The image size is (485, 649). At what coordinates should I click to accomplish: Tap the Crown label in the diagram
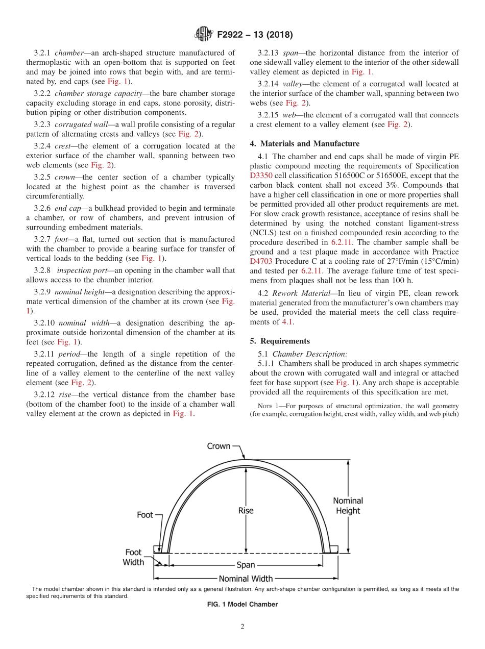[219, 446]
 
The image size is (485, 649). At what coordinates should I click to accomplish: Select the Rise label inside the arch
[246, 510]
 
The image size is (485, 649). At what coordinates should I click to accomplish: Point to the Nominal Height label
[348, 506]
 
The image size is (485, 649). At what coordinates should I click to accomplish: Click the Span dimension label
[246, 565]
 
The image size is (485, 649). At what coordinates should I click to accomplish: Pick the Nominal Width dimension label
[246, 579]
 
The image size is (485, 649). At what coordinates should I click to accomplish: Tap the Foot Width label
[133, 557]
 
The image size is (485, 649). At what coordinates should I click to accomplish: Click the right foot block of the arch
[333, 549]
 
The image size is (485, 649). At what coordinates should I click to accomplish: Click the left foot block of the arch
[158, 549]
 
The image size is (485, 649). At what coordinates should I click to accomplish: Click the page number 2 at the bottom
[243, 627]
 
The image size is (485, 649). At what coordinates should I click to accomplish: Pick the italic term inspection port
[79, 270]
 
